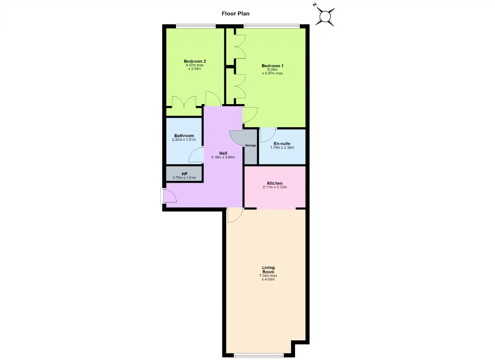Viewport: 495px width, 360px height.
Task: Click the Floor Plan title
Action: click(236, 14)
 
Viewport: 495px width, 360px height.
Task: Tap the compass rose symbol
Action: click(325, 17)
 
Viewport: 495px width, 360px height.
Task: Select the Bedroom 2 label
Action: click(195, 61)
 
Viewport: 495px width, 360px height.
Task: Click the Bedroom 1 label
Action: click(273, 66)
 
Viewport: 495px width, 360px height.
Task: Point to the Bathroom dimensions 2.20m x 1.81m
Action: click(184, 140)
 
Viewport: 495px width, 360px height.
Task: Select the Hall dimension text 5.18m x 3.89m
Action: click(223, 157)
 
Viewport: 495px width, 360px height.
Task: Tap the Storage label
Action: click(251, 146)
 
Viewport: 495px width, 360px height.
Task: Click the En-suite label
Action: click(282, 144)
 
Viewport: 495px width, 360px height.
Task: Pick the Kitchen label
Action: click(275, 183)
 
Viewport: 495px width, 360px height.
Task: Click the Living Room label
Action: click(268, 270)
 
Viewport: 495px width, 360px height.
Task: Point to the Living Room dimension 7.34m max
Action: click(268, 276)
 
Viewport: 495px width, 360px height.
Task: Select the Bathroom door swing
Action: click(196, 155)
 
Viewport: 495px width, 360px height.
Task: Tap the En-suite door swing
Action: click(268, 135)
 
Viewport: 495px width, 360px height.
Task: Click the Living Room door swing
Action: click(235, 215)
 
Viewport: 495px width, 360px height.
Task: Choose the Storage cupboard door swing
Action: click(236, 138)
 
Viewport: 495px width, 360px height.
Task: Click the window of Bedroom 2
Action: click(196, 26)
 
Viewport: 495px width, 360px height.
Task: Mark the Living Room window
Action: click(259, 356)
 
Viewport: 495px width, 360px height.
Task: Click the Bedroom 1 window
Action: click(271, 26)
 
